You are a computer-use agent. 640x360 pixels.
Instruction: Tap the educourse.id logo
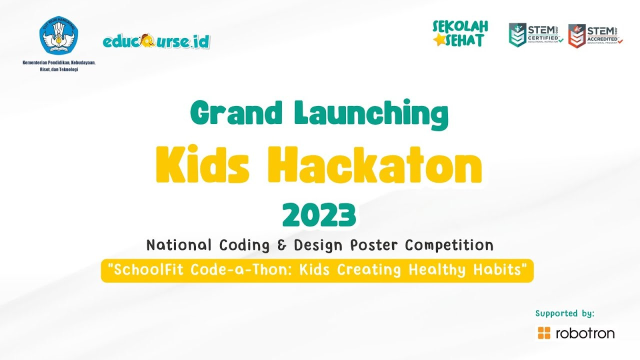(156, 41)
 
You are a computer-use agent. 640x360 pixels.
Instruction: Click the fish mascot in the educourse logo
(148, 40)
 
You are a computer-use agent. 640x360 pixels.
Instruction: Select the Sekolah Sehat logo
(460, 33)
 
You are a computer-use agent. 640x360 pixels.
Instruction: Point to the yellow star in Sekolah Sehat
(439, 41)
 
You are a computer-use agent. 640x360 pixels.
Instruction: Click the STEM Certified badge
(535, 35)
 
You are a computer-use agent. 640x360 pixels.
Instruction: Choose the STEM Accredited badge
(595, 35)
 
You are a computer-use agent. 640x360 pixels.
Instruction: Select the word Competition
(449, 245)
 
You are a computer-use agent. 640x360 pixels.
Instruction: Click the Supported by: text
(564, 313)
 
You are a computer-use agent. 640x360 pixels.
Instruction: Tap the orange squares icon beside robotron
(543, 333)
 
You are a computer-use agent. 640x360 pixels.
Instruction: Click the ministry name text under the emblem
(58, 66)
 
